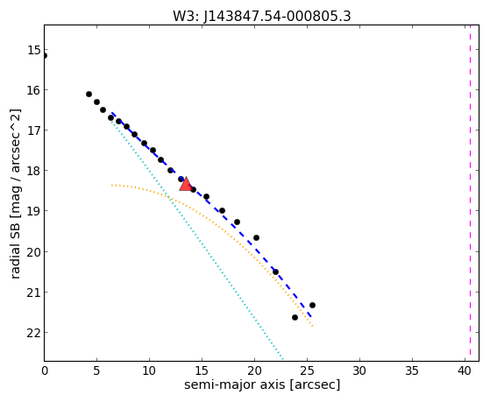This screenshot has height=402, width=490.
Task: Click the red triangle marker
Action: (186, 184)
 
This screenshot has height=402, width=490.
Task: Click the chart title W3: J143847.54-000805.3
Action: (262, 17)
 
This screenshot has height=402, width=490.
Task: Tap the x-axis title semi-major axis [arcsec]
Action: (262, 384)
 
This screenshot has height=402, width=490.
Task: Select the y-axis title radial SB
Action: (15, 250)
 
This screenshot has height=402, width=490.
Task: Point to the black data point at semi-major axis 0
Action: (45, 55)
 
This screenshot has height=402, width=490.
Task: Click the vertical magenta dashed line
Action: (470, 193)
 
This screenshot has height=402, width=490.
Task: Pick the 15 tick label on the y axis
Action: (34, 50)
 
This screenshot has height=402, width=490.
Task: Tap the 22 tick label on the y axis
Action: (34, 333)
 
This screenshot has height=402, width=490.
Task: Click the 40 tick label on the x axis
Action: (465, 370)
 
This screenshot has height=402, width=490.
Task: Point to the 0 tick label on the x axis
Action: (45, 370)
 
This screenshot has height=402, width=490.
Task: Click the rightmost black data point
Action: (312, 305)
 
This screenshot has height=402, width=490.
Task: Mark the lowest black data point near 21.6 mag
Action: (295, 317)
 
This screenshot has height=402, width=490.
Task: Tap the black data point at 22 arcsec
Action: (275, 272)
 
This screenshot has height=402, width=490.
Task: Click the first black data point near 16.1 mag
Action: (89, 94)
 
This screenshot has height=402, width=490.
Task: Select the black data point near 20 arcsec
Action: (256, 237)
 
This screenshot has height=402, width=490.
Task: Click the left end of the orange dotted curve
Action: (112, 185)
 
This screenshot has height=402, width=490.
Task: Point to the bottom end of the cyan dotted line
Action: (282, 358)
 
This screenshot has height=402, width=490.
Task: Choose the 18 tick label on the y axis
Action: (34, 171)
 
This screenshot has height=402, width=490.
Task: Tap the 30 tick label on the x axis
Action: (359, 370)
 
